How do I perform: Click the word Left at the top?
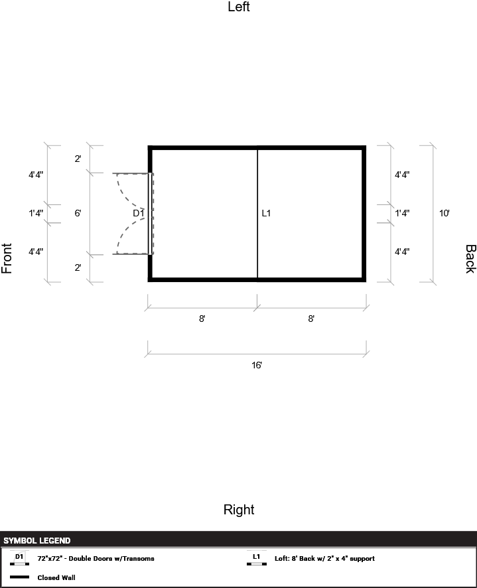click(239, 7)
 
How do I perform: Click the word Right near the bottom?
click(239, 510)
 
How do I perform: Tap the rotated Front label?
click(7, 259)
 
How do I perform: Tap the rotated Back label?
click(470, 259)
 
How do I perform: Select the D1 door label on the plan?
click(138, 213)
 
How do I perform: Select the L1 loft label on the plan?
click(266, 213)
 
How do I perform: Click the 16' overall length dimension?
click(257, 365)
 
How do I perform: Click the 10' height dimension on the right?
click(444, 213)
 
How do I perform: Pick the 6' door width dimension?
click(78, 213)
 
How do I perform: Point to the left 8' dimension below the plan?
click(202, 319)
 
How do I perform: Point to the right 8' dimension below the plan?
click(311, 319)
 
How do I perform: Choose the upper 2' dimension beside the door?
click(78, 159)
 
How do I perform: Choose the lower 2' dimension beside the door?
click(78, 267)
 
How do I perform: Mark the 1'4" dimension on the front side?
click(36, 213)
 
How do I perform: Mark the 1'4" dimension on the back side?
click(402, 213)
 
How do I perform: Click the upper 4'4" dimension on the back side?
click(402, 175)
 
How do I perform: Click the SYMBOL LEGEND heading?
click(37, 541)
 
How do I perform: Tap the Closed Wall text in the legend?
click(56, 577)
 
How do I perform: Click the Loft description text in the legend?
click(324, 559)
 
